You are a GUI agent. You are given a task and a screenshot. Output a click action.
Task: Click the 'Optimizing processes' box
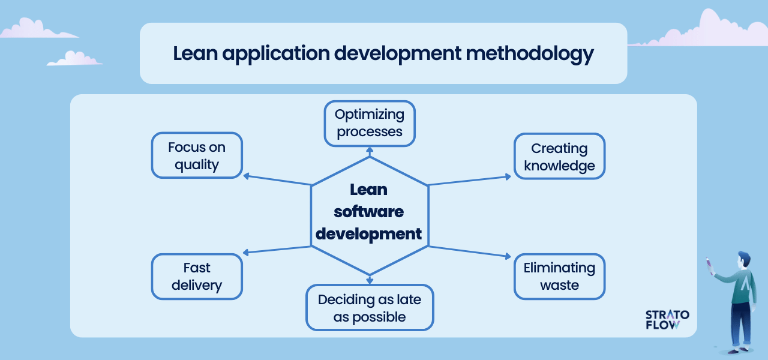370,124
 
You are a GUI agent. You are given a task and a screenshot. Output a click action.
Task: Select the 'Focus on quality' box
197,155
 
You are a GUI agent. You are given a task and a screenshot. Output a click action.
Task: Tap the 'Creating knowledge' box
559,157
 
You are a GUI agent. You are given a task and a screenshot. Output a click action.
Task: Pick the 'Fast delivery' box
197,277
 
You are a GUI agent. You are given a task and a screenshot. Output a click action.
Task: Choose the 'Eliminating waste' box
559,277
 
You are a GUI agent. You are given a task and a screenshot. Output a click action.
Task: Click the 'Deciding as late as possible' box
370,308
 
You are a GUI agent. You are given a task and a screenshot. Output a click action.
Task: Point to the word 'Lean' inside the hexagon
368,190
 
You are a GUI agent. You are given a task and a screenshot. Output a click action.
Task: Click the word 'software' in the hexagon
368,212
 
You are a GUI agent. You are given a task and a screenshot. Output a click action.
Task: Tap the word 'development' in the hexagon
368,234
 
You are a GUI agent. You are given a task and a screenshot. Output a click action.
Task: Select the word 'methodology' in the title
530,54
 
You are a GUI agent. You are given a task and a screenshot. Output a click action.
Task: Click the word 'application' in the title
276,54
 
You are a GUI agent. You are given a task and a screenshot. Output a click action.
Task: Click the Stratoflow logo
667,320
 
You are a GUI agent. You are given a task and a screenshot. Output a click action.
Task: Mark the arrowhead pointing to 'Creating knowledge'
508,176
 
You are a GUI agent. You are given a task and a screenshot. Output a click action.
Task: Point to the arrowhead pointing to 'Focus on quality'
246,176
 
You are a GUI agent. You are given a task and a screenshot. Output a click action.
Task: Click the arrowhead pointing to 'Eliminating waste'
508,256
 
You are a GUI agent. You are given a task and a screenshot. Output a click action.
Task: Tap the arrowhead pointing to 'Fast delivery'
246,253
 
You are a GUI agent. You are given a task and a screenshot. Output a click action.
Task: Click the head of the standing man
745,262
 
